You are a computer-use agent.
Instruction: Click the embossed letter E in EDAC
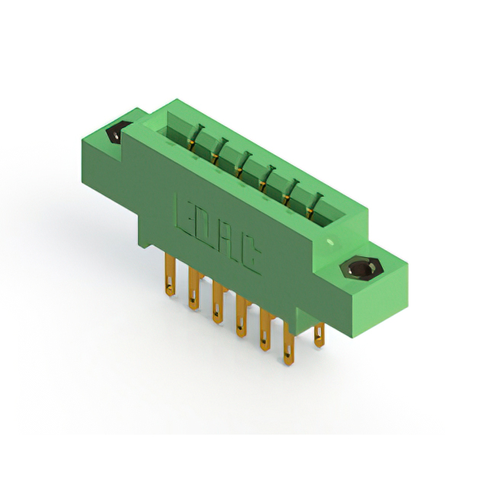188,215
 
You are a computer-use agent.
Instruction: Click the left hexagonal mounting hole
114,134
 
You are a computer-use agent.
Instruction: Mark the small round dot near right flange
329,242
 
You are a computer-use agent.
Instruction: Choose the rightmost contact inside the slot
312,204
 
